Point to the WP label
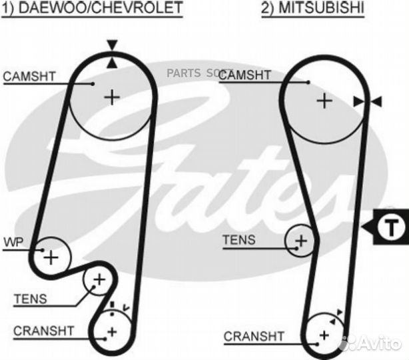tap(13, 241)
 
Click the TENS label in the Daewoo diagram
tap(30, 299)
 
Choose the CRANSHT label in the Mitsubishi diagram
tap(254, 335)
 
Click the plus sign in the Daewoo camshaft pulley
tap(111, 97)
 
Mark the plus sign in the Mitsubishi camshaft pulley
tap(324, 101)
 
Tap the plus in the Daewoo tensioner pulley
tap(99, 281)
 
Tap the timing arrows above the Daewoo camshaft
tap(111, 54)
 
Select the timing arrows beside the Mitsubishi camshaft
tap(368, 101)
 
